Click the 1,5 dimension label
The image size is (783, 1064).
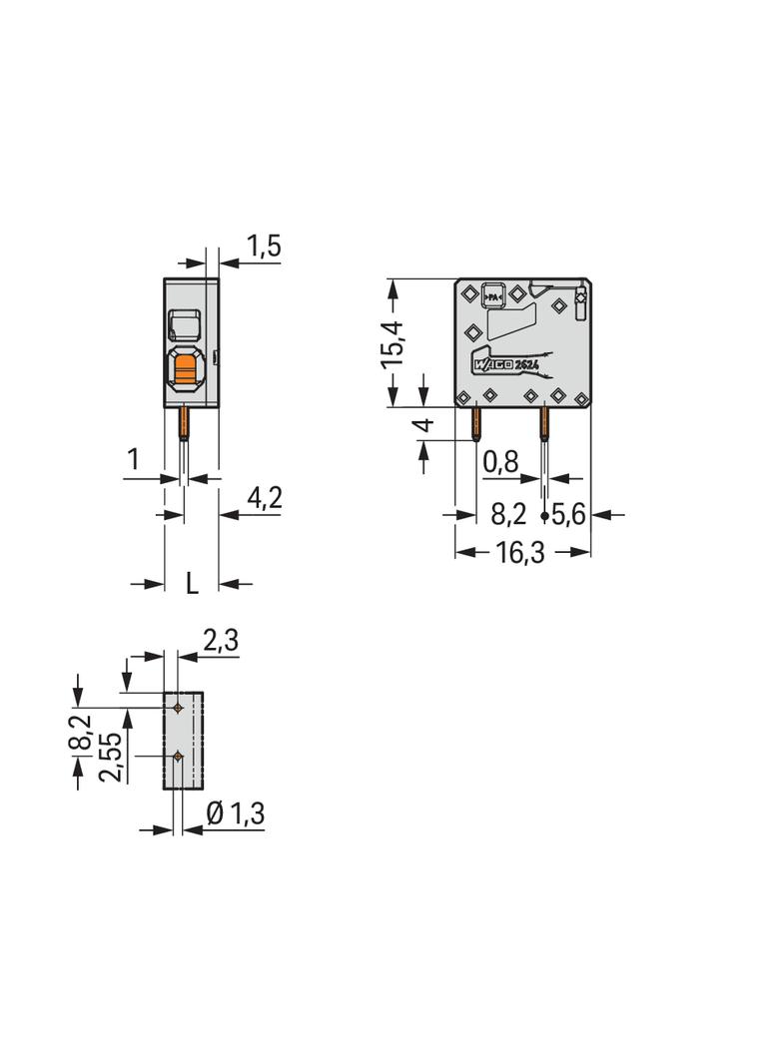click(x=264, y=247)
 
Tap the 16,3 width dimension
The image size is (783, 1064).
click(x=519, y=552)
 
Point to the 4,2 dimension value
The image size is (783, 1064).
click(x=265, y=499)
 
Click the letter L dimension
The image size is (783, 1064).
click(x=192, y=583)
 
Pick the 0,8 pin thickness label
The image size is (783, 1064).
click(x=501, y=463)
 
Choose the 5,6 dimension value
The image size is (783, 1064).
click(x=569, y=515)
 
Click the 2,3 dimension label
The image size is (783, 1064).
click(x=221, y=640)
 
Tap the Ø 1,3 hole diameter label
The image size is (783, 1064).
click(x=235, y=812)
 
